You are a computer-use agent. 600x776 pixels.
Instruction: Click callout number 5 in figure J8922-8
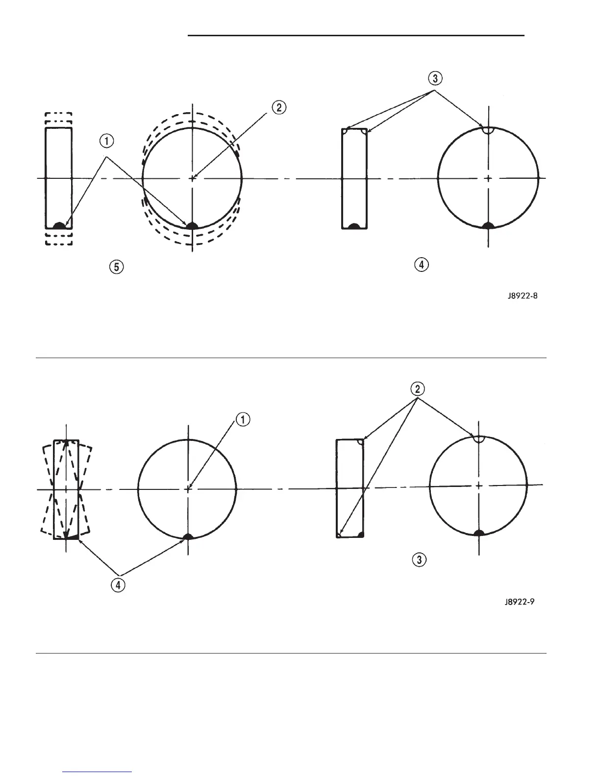[x=116, y=267]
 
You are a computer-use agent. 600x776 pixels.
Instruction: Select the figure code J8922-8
[x=525, y=296]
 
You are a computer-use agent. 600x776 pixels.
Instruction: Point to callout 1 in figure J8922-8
[x=106, y=142]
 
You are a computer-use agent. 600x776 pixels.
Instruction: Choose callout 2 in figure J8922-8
[x=278, y=108]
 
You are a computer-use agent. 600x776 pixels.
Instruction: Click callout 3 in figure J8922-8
[x=436, y=78]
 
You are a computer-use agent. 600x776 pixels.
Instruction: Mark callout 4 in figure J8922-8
[x=421, y=265]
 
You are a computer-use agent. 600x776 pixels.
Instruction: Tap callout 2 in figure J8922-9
[x=418, y=389]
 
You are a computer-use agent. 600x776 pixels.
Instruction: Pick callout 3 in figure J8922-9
[x=419, y=559]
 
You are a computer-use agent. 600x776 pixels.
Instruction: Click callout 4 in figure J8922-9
[x=118, y=585]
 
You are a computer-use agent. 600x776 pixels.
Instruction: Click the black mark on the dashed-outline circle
[x=192, y=225]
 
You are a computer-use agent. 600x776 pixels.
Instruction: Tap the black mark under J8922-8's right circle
[x=488, y=225]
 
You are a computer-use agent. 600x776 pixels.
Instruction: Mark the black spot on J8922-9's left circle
[x=188, y=536]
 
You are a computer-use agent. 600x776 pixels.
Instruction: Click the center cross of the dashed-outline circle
[x=193, y=178]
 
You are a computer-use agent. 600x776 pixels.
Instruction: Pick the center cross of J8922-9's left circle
[x=188, y=488]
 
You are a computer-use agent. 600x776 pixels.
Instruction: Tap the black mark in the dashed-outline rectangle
[x=59, y=225]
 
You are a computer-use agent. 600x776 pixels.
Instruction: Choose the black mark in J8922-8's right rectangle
[x=354, y=226]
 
